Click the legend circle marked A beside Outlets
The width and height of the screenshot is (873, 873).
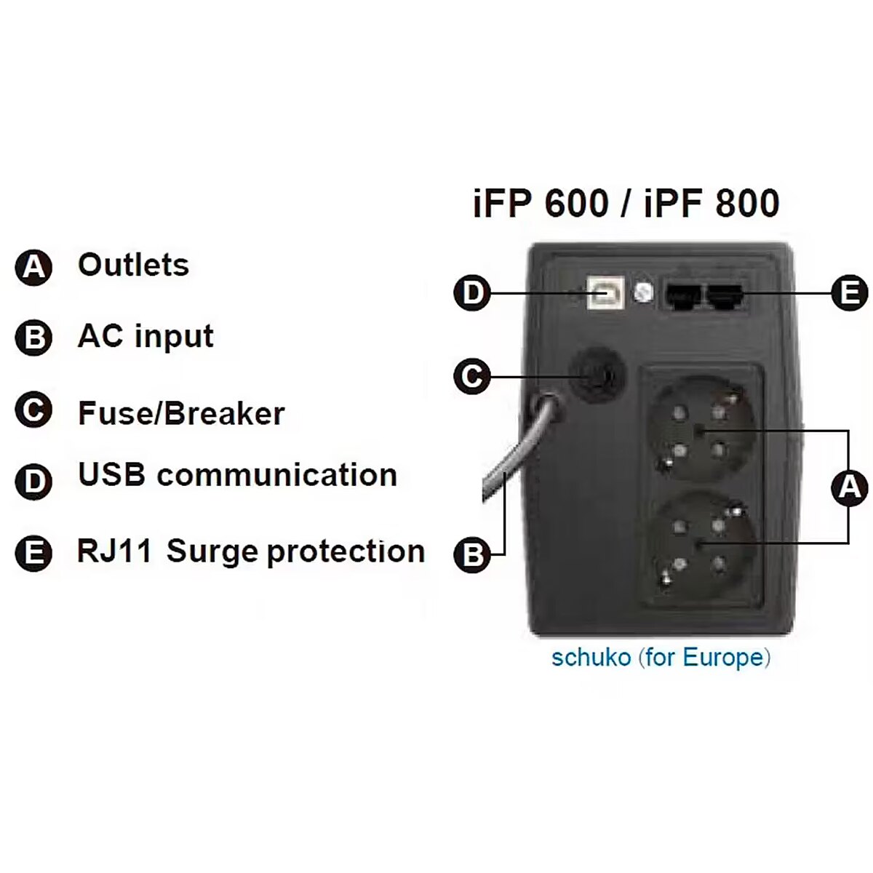pyautogui.click(x=34, y=267)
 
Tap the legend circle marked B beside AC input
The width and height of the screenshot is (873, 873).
pyautogui.click(x=34, y=338)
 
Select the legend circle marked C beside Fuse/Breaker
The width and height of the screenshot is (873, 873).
pyautogui.click(x=34, y=410)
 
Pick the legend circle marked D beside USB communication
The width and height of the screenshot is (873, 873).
pyautogui.click(x=34, y=481)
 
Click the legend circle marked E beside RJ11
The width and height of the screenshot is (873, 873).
pyautogui.click(x=34, y=553)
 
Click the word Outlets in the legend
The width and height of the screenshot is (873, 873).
pyautogui.click(x=133, y=265)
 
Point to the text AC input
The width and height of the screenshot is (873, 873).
pyautogui.click(x=145, y=336)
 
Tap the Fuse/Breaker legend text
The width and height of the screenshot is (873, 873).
pyautogui.click(x=181, y=413)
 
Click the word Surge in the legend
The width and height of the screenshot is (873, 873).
pyautogui.click(x=212, y=551)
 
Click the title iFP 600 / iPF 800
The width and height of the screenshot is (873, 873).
pyautogui.click(x=626, y=203)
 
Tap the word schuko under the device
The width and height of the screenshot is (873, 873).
pyautogui.click(x=591, y=658)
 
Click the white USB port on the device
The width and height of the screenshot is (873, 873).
pyautogui.click(x=603, y=293)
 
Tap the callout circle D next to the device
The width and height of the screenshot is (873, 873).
pyautogui.click(x=473, y=293)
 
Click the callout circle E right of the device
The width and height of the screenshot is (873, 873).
pyautogui.click(x=849, y=293)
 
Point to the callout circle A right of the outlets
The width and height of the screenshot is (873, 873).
pyautogui.click(x=849, y=487)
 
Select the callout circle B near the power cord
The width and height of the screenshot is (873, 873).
pyautogui.click(x=473, y=555)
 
